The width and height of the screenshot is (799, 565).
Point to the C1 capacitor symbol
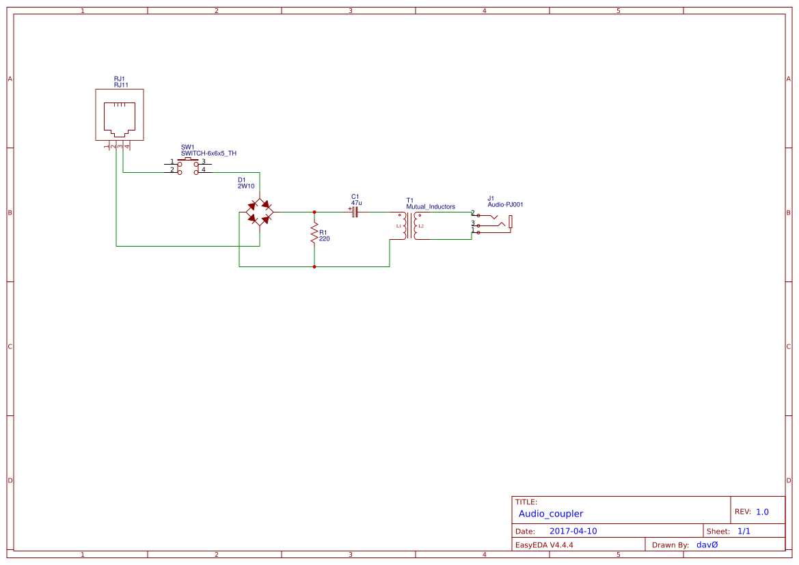[354, 212]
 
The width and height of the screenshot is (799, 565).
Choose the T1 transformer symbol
[410, 225]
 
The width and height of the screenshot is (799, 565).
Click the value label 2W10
[246, 186]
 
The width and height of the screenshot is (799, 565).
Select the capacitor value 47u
[357, 203]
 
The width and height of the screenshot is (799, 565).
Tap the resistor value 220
[325, 239]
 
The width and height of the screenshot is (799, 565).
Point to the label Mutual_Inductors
[431, 206]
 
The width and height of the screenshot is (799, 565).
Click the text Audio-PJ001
[505, 204]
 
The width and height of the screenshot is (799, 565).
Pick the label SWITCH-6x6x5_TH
[208, 153]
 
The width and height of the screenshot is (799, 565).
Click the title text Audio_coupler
[551, 514]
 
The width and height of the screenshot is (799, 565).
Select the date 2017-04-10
[573, 531]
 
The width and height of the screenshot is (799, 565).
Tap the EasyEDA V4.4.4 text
[544, 545]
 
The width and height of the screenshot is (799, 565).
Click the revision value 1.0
[762, 512]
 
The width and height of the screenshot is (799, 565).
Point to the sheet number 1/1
[744, 531]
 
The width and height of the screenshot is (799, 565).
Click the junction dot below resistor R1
[314, 266]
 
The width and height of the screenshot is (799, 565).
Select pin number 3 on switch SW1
[204, 161]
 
